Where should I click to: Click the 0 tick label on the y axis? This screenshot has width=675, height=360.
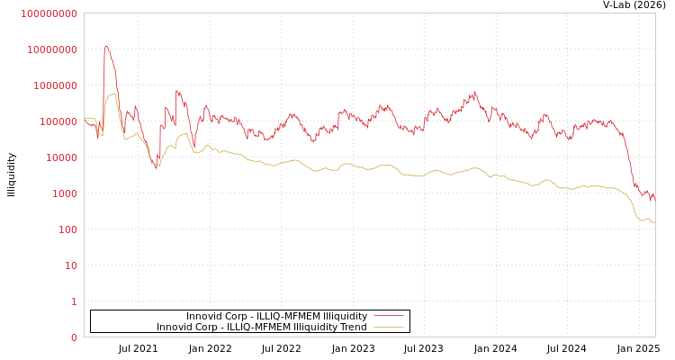(74, 337)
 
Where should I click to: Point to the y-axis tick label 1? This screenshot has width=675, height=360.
(74, 301)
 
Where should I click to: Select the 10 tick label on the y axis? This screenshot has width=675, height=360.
(70, 265)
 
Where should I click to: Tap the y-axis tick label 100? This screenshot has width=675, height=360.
(67, 229)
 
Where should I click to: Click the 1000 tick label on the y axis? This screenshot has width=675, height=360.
(64, 193)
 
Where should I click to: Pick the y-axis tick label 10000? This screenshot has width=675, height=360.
(61, 157)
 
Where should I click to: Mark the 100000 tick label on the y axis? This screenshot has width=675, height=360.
(58, 121)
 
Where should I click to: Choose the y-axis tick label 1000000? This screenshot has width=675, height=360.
(55, 85)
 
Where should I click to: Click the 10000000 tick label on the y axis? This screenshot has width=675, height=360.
(52, 49)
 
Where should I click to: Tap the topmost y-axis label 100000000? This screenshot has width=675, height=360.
(49, 13)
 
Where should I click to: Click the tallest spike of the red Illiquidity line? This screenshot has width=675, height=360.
(106, 46)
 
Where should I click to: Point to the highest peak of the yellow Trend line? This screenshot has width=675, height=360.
(112, 94)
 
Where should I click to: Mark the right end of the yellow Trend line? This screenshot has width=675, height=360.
(654, 221)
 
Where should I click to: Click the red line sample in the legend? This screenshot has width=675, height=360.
(388, 317)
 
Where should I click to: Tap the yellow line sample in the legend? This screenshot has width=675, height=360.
(388, 328)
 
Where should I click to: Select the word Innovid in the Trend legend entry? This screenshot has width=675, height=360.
(175, 328)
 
